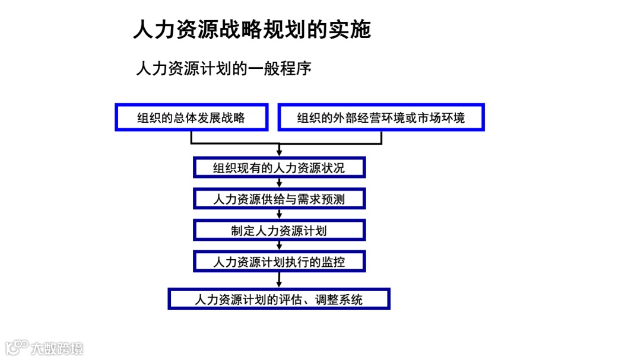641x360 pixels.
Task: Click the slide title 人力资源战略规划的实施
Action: coord(252,29)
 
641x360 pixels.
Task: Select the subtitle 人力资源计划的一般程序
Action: coord(224,68)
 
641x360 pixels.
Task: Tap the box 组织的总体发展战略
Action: coord(191,117)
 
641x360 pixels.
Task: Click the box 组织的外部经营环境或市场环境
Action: coord(381,117)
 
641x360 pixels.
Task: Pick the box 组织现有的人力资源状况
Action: coord(279,167)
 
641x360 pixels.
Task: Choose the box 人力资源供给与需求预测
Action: coord(279,199)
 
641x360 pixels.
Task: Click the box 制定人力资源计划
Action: coord(279,230)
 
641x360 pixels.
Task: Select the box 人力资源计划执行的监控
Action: coord(279,261)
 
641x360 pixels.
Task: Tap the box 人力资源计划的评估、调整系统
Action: coord(279,299)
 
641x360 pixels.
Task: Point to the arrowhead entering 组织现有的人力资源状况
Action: coord(279,153)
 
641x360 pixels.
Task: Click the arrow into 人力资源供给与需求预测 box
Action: coord(279,184)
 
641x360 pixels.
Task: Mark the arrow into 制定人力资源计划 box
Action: coord(279,216)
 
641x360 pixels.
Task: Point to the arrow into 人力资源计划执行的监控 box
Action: coord(279,247)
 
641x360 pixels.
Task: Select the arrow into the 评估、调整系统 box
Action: coord(279,283)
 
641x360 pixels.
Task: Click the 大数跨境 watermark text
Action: coord(58,348)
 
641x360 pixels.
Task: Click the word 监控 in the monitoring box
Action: coord(333,261)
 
